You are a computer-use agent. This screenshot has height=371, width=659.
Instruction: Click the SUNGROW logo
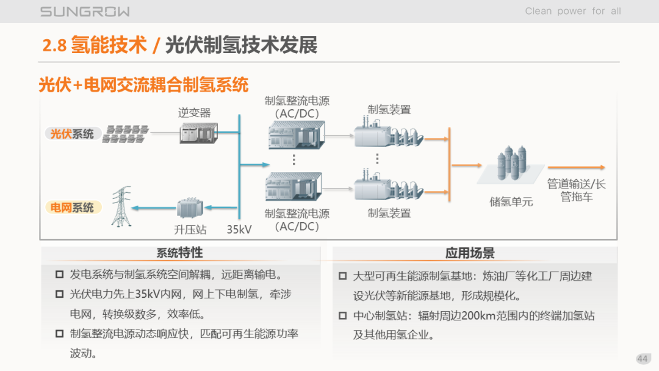[x=85, y=12]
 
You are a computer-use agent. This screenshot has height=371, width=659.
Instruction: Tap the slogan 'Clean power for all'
[x=572, y=11]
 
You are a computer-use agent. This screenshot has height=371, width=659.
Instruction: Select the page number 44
[x=642, y=359]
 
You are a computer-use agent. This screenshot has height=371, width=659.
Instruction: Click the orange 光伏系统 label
[x=72, y=134]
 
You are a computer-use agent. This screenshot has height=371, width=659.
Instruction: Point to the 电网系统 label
[x=72, y=208]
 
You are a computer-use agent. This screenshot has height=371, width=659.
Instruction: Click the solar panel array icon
[x=126, y=134]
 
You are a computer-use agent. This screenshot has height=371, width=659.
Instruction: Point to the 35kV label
[x=239, y=230]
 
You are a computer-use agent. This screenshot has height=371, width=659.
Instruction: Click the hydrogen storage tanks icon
[x=510, y=165]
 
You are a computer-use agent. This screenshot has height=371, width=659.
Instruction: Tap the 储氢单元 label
[x=511, y=201]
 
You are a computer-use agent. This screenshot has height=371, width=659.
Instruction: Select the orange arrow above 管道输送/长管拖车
[x=576, y=167]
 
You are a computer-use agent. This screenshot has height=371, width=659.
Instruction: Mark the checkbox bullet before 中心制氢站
[x=343, y=316]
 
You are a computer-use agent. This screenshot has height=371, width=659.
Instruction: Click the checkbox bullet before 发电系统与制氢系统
[x=59, y=275]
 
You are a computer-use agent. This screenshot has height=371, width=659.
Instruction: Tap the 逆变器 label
[x=194, y=112]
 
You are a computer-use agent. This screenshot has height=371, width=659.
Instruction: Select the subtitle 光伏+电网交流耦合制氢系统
[x=143, y=84]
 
